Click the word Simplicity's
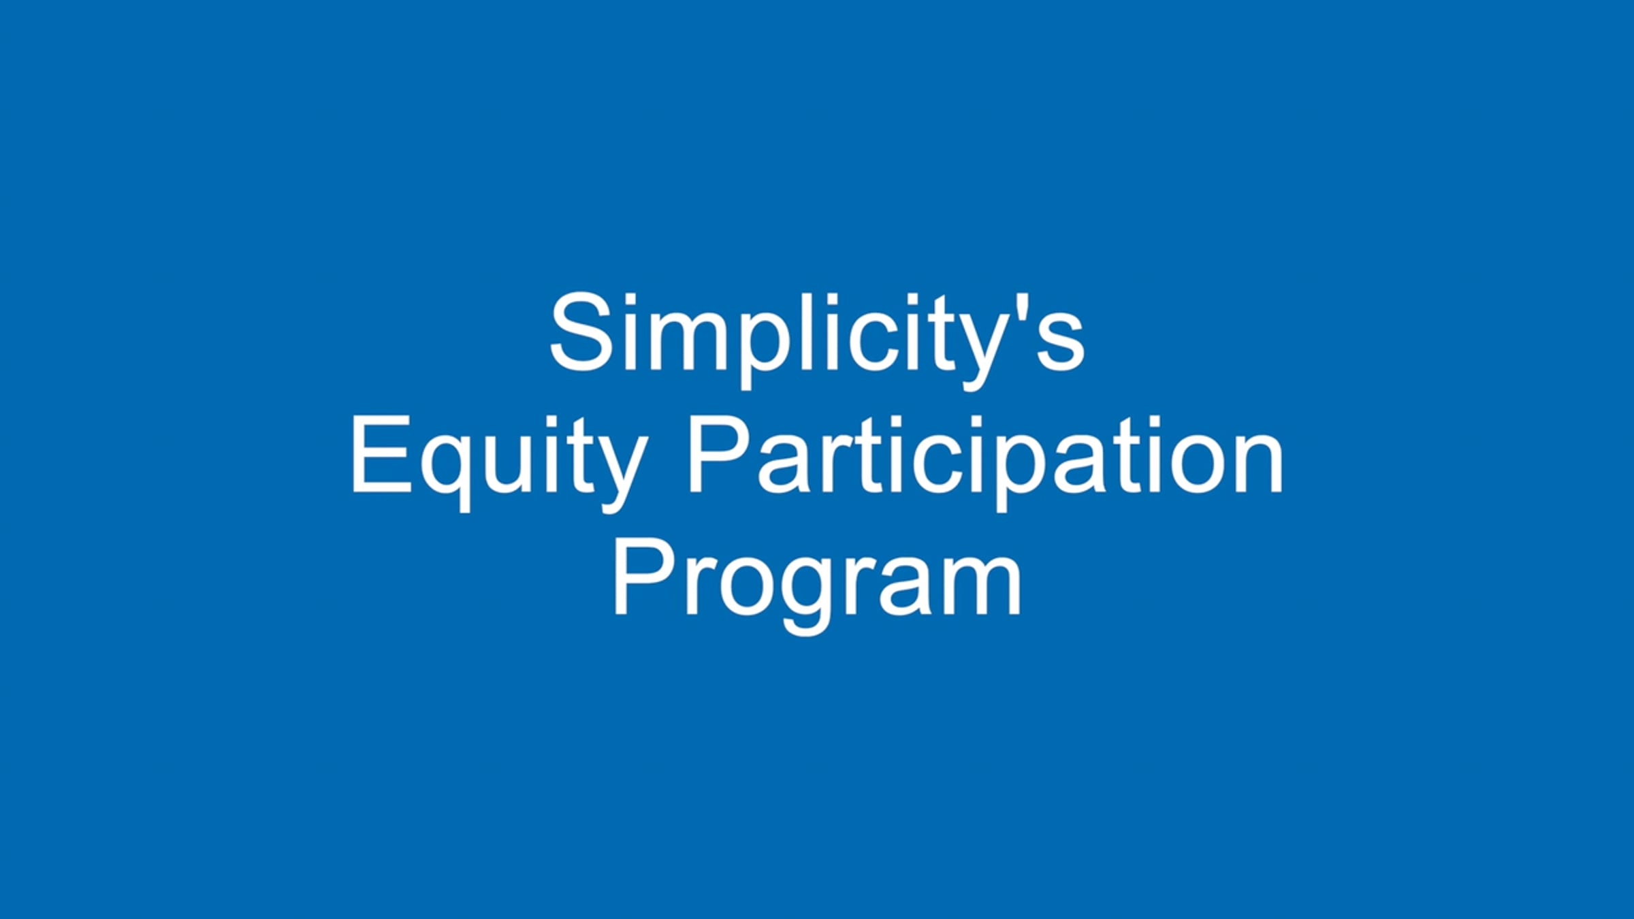(816, 340)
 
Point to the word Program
(817, 585)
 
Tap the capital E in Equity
(381, 455)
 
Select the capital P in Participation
(720, 455)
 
